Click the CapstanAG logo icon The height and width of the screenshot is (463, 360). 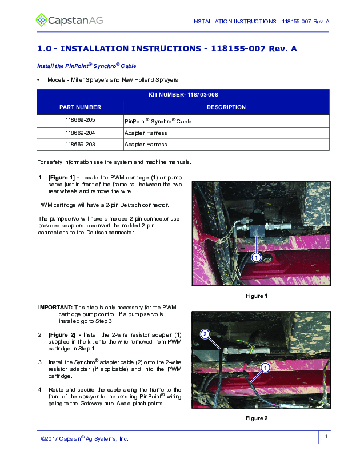point(42,21)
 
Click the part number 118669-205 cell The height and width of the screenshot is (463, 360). point(80,121)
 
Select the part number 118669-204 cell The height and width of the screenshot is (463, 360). point(80,133)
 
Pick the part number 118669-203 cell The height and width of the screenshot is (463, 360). point(80,145)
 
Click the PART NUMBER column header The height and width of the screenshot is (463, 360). point(80,107)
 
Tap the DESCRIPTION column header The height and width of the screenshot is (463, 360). point(226,107)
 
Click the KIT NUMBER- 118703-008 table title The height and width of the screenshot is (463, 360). point(183,94)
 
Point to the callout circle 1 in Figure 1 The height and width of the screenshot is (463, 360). point(257,258)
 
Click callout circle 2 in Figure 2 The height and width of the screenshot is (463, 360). point(205,333)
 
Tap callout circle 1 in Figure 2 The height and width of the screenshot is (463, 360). point(265,367)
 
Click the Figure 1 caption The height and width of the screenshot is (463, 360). point(257,296)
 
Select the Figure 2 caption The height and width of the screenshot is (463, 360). point(257,418)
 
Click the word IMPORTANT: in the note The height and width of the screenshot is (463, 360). point(55,307)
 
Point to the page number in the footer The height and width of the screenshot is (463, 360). point(325,437)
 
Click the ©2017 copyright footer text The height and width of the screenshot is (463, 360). point(85,439)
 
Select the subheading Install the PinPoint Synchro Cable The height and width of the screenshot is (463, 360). point(86,66)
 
